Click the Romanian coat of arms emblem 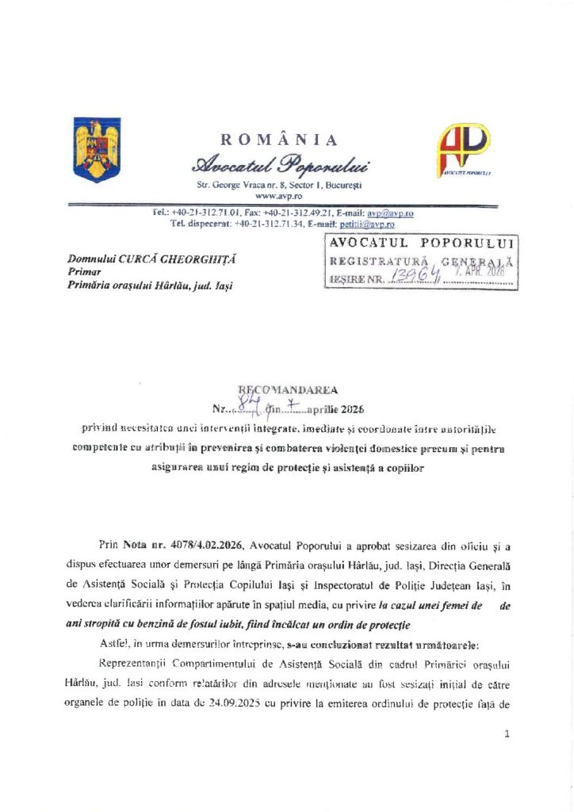[97, 149]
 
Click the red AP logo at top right [465, 148]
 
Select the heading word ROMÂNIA [278, 140]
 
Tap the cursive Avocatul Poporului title [279, 165]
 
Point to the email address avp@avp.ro [389, 213]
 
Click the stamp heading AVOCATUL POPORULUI [422, 243]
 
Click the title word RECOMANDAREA [288, 389]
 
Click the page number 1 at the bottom [506, 734]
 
